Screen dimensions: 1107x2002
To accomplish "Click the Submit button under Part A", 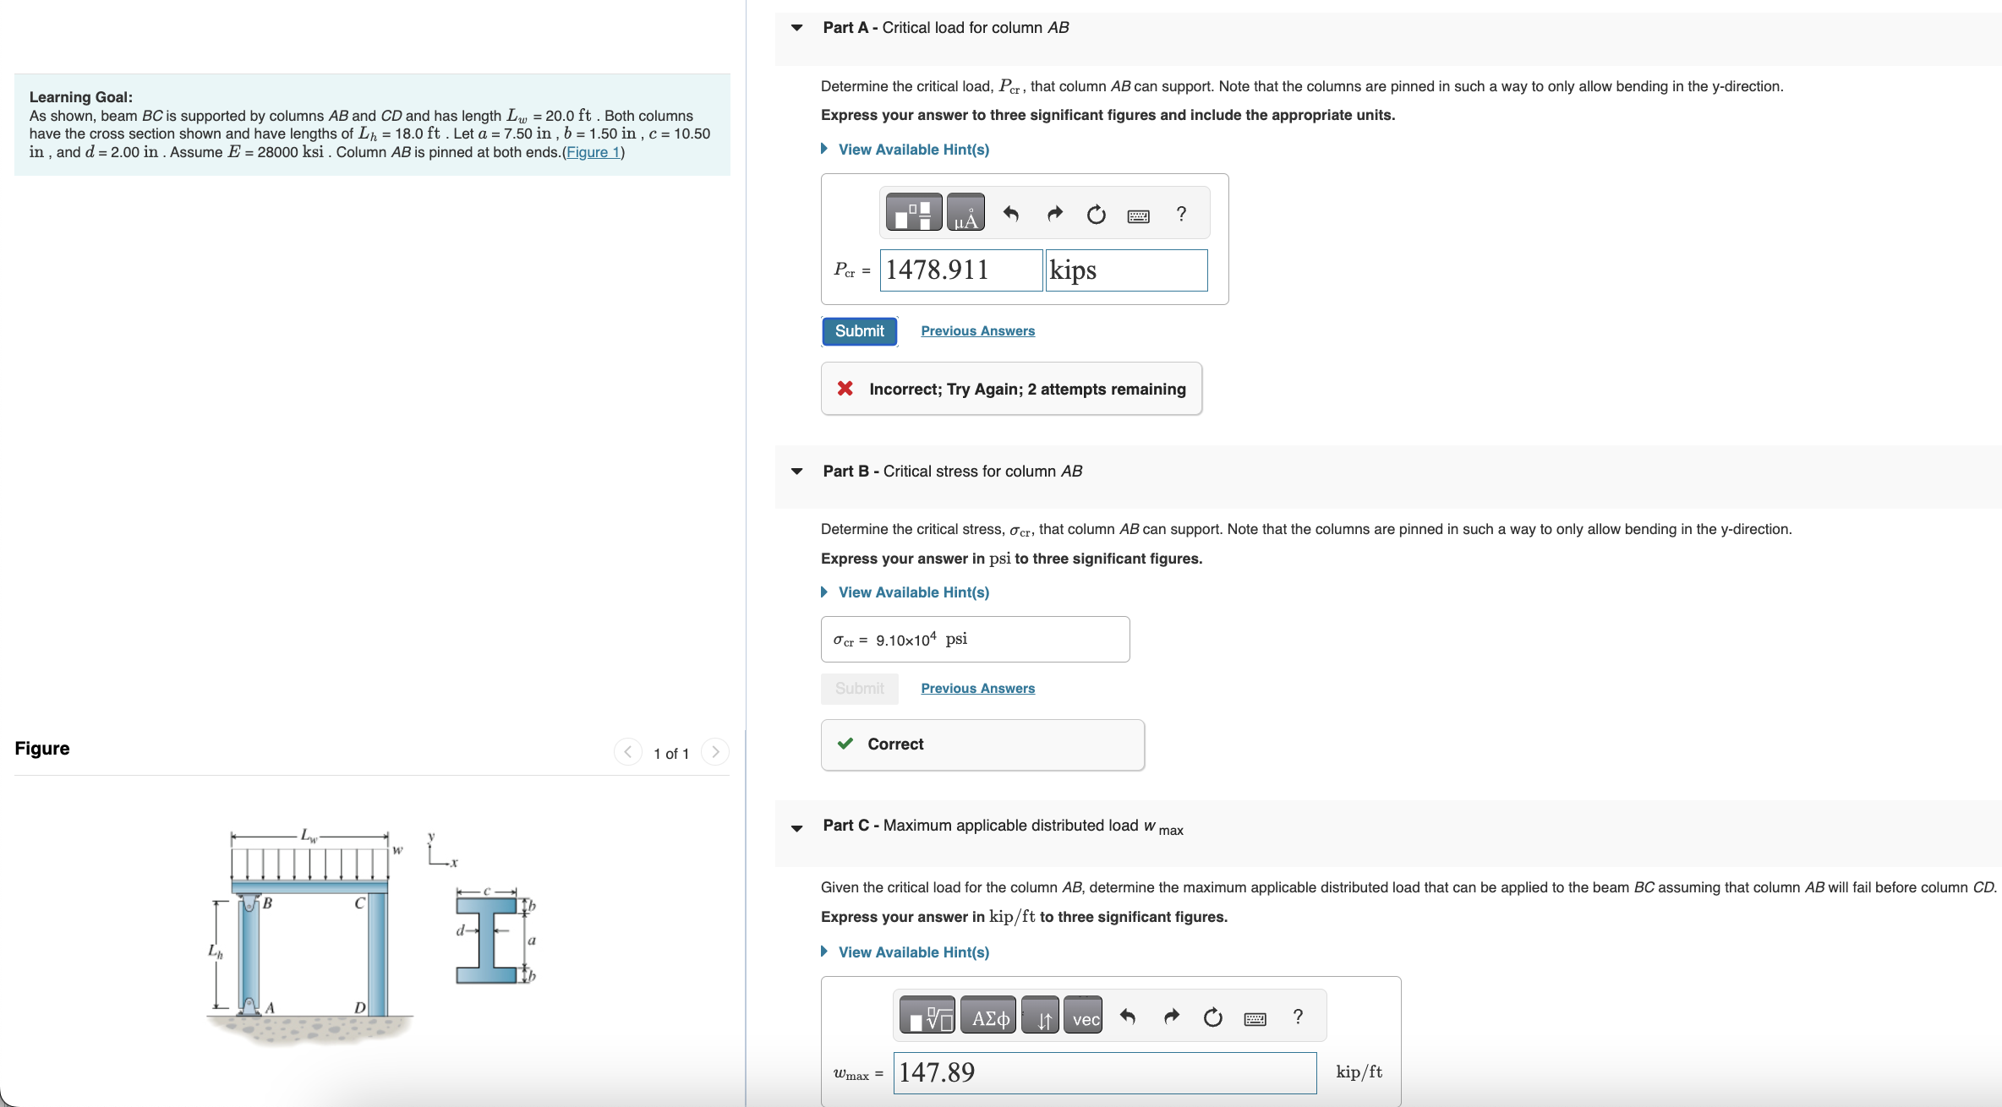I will click(x=859, y=331).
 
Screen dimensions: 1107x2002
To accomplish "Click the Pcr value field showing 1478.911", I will click(x=960, y=270).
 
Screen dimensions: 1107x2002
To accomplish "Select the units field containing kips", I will click(x=1125, y=270).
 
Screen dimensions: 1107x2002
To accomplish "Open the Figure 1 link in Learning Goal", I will click(x=593, y=152).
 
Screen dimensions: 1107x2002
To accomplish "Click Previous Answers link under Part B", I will click(x=977, y=689).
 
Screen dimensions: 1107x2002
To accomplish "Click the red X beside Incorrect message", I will click(x=845, y=389).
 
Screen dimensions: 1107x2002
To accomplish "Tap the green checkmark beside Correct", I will click(x=845, y=744).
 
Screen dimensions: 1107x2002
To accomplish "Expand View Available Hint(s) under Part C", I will click(x=913, y=952).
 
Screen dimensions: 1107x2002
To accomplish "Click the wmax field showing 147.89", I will click(x=1103, y=1072).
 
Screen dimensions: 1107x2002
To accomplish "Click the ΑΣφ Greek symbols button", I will click(x=989, y=1018).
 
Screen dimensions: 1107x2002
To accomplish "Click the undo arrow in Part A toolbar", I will click(x=1010, y=214).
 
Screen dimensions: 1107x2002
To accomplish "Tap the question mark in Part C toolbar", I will click(x=1298, y=1017).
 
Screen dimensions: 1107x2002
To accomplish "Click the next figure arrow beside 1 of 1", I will click(x=715, y=752).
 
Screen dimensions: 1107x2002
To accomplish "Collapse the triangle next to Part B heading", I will click(x=796, y=472).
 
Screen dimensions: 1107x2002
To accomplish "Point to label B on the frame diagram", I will click(x=267, y=903).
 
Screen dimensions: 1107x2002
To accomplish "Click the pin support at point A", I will click(x=249, y=1006).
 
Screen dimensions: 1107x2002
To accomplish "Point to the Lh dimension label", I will click(x=216, y=952).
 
